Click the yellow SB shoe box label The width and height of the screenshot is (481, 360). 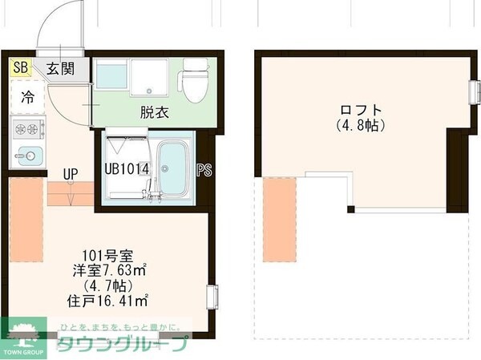pyautogui.click(x=18, y=68)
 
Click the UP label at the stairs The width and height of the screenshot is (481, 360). pyautogui.click(x=71, y=173)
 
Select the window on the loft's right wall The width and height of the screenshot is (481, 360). pyautogui.click(x=473, y=93)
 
